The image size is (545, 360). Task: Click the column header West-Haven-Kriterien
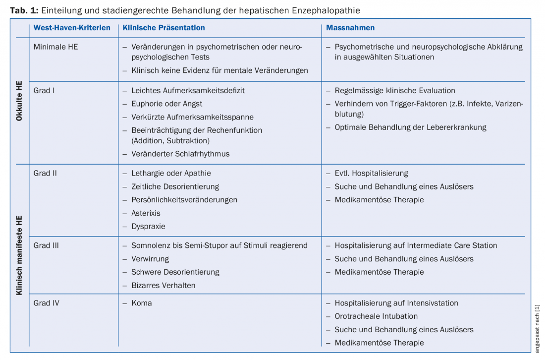[x=72, y=28]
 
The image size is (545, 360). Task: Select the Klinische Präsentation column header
[x=164, y=28]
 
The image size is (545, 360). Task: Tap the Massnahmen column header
[x=350, y=28]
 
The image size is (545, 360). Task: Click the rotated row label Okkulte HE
[x=19, y=101]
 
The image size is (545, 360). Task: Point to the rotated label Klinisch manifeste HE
[x=19, y=255]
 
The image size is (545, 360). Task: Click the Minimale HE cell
[x=55, y=47]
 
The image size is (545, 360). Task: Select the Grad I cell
[x=44, y=90]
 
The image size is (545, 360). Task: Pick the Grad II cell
[x=45, y=173]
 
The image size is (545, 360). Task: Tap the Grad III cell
[x=46, y=245]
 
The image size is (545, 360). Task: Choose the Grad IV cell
[x=46, y=303]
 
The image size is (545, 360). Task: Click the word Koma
[x=141, y=303]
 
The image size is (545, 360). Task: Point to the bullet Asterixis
[x=146, y=213]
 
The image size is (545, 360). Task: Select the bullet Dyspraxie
[x=148, y=226]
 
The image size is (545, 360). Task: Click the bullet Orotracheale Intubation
[x=376, y=316]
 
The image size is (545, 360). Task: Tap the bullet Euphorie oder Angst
[x=166, y=104]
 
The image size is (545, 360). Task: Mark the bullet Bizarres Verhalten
[x=163, y=285]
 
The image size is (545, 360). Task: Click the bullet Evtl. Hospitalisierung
[x=371, y=173]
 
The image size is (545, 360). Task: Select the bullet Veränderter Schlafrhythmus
[x=180, y=154]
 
